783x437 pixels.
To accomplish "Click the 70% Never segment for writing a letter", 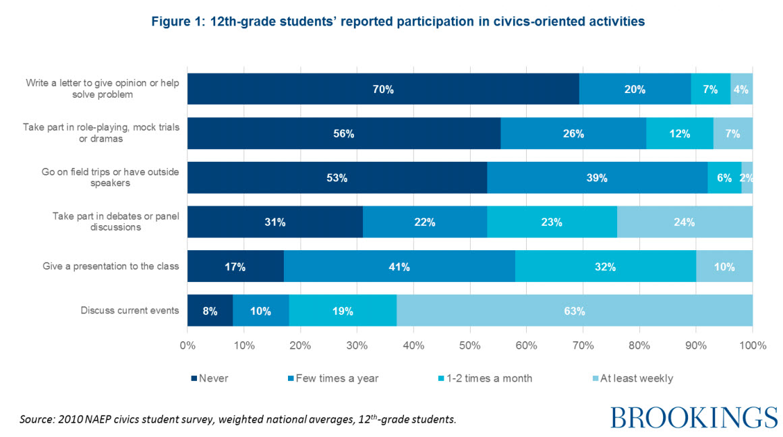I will (382, 89).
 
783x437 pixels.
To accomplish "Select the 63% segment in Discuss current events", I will (574, 311).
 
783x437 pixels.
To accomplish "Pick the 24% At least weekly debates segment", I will (685, 222).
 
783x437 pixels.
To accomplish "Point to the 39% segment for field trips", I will (597, 178).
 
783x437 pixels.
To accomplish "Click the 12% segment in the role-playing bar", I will (680, 134).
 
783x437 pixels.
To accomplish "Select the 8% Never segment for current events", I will (210, 311).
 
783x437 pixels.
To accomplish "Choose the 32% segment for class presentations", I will (605, 266).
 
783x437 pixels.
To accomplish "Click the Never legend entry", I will (210, 378).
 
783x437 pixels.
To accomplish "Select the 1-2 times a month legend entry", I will (486, 378).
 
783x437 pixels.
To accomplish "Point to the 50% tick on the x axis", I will (469, 346).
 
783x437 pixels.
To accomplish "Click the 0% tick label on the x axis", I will (187, 346).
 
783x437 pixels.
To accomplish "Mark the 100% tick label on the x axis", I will (753, 346).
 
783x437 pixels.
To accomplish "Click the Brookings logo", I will (694, 417).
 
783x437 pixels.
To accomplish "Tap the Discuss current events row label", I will (130, 311).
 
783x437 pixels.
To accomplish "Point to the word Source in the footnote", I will (36, 419).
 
